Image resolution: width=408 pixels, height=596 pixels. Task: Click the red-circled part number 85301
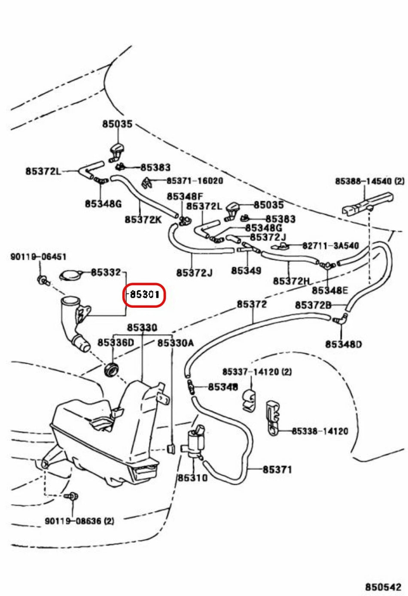pyautogui.click(x=145, y=294)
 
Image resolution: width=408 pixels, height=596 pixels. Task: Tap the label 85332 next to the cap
pyautogui.click(x=106, y=272)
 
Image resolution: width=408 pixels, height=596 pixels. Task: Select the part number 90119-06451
pyautogui.click(x=38, y=257)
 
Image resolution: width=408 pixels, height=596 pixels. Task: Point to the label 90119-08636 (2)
pyautogui.click(x=79, y=521)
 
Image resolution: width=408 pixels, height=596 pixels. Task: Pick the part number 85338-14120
pyautogui.click(x=320, y=431)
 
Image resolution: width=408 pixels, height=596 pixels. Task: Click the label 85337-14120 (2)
pyautogui.click(x=257, y=372)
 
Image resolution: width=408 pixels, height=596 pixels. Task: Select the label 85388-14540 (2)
pyautogui.click(x=369, y=181)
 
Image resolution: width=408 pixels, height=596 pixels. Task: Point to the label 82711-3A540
pyautogui.click(x=330, y=246)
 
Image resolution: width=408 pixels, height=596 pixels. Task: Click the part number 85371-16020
pyautogui.click(x=195, y=181)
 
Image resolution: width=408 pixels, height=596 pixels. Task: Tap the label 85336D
pyautogui.click(x=116, y=342)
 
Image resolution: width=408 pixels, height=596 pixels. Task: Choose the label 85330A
pyautogui.click(x=175, y=343)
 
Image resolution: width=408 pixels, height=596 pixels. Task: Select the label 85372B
pyautogui.click(x=313, y=305)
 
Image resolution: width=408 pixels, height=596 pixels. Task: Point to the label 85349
pyautogui.click(x=246, y=270)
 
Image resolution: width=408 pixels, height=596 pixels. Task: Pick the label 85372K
pyautogui.click(x=143, y=219)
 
